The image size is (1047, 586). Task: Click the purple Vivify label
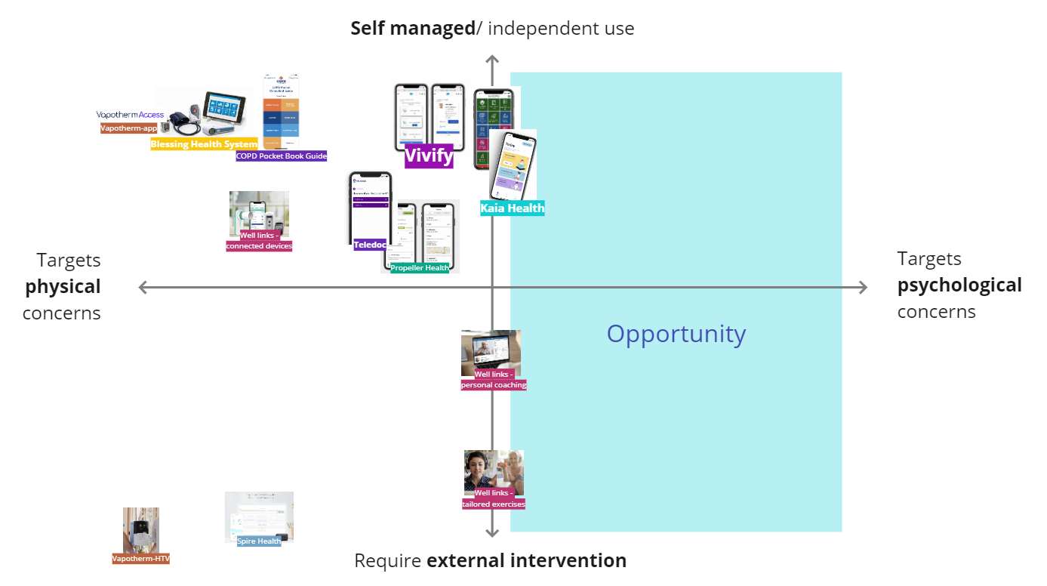coord(429,156)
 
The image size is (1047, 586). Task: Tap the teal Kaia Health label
coord(513,208)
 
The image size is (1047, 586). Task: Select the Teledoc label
coord(370,245)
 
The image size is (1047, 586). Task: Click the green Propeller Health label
coord(420,268)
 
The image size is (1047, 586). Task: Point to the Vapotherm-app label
coord(128,128)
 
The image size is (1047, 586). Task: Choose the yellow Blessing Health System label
coord(204,144)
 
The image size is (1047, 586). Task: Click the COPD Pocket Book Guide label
coord(282,156)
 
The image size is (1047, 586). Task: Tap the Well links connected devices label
coord(259,241)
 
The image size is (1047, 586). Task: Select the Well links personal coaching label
coord(494,380)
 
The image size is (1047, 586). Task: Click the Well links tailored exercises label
coord(494,498)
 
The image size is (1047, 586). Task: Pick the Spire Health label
coord(259,541)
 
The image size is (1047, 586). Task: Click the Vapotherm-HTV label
coord(141,559)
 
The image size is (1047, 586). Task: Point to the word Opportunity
coord(676,334)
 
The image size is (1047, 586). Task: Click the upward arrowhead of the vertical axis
coord(492,60)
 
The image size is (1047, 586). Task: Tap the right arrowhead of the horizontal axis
coord(863,287)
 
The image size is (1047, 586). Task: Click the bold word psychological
coord(959,285)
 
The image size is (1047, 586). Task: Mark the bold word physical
coord(63,287)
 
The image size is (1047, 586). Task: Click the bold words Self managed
coord(411,29)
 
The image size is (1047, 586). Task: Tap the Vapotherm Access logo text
coord(130,115)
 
